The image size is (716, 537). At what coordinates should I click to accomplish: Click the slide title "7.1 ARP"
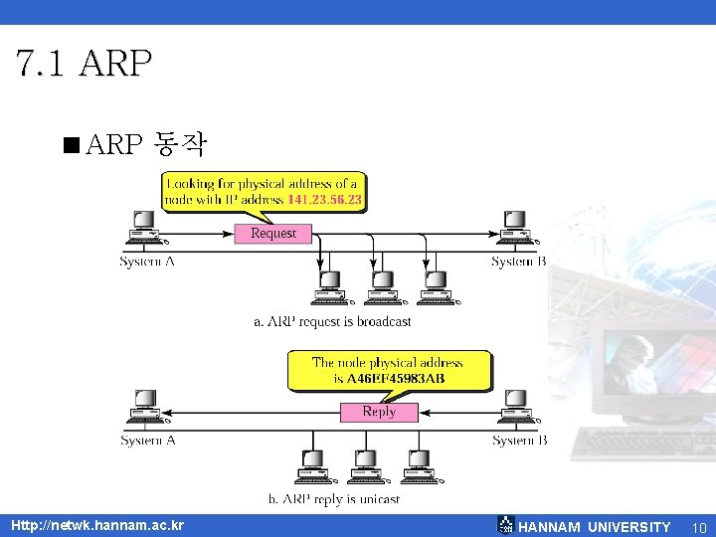click(x=85, y=63)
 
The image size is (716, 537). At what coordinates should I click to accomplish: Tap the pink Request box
click(x=272, y=233)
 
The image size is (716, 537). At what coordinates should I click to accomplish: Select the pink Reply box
click(x=379, y=411)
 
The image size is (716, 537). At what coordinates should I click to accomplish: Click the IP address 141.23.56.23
click(x=324, y=200)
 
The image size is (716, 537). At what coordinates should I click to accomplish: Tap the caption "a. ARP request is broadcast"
click(x=332, y=321)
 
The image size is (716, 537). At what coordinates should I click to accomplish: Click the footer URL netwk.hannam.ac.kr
click(x=96, y=525)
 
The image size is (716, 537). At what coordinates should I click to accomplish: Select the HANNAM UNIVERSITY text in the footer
click(x=595, y=527)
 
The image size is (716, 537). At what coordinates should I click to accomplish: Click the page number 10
click(x=698, y=527)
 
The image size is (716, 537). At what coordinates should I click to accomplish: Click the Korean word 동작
click(x=180, y=146)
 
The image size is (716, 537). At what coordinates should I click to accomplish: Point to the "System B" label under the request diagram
click(x=518, y=262)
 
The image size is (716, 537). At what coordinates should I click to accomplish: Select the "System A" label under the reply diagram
click(x=147, y=440)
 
